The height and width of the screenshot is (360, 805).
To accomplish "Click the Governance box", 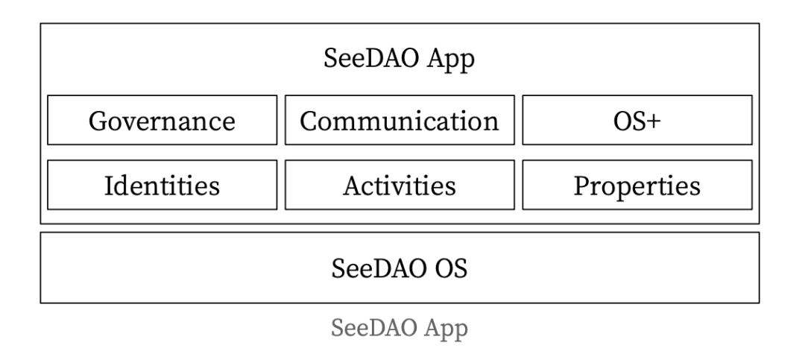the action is pos(162,120).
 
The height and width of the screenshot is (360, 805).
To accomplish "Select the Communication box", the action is pos(400,120).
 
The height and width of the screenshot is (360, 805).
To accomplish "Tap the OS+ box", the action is pos(637,120).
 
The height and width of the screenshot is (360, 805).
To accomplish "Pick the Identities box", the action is pos(162,185).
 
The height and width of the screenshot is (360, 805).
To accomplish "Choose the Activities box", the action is pos(400,185).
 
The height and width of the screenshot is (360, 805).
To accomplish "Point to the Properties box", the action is pos(637,185).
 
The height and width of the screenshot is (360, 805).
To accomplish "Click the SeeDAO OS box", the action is pos(400,268).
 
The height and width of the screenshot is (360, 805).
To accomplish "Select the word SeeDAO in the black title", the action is pos(373,58).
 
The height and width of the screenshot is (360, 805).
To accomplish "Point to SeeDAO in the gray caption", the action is pos(373,328).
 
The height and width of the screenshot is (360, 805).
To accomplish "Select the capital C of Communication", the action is pos(309,121).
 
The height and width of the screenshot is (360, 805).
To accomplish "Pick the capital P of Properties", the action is pos(581,186).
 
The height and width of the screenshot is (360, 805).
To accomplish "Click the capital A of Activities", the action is pos(352,186).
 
